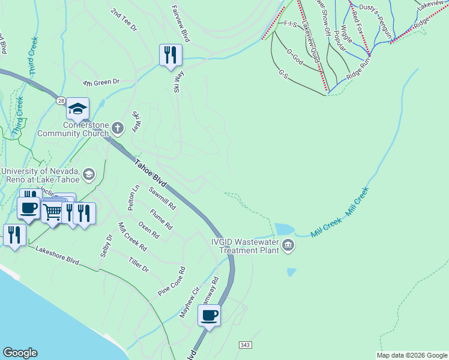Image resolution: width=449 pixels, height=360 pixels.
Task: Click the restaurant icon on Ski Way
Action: click(x=170, y=55)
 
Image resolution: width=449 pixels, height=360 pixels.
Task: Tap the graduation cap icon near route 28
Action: click(x=77, y=109)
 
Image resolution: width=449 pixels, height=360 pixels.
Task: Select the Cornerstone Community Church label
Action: click(x=76, y=128)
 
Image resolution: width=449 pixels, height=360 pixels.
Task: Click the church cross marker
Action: click(x=118, y=127)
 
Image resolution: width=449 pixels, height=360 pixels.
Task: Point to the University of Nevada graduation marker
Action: click(x=89, y=175)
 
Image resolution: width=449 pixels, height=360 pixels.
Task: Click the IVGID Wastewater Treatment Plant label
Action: click(x=246, y=246)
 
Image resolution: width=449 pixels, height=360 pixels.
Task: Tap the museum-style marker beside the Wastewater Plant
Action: click(x=288, y=245)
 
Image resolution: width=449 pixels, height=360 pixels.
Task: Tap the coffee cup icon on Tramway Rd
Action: click(x=209, y=315)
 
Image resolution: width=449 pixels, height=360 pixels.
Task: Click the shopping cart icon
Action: click(x=53, y=211)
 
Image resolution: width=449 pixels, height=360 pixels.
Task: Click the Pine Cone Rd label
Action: click(x=172, y=281)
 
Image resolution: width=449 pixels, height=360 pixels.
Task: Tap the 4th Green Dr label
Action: click(x=101, y=82)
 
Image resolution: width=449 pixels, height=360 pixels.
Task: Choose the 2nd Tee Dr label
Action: click(x=124, y=20)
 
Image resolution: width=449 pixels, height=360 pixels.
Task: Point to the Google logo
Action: click(x=20, y=353)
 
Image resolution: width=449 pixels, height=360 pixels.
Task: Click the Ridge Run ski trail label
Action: click(x=358, y=67)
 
